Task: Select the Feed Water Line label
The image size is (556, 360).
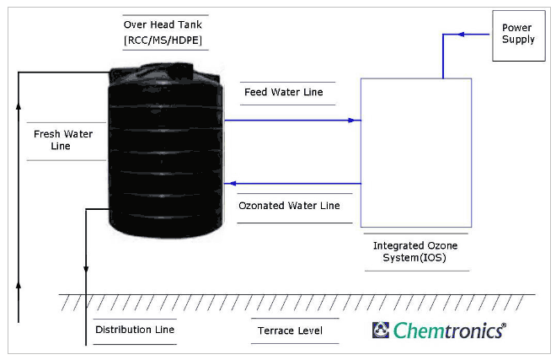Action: click(284, 92)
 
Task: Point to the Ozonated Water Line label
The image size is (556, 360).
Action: click(289, 206)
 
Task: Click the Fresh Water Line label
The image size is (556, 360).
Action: click(63, 140)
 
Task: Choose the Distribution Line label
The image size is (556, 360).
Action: click(135, 330)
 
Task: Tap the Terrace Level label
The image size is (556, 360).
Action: click(290, 330)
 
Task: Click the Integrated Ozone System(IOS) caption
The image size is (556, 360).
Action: click(414, 251)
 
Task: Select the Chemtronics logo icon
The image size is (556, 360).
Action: click(381, 330)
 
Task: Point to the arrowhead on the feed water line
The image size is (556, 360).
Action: click(351, 121)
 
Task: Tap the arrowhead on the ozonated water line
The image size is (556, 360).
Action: click(233, 184)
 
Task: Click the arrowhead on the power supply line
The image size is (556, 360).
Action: click(461, 35)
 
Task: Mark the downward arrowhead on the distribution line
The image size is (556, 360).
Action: click(86, 270)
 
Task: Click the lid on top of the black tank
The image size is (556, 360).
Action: click(181, 71)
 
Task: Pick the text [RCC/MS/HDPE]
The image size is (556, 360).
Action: click(163, 40)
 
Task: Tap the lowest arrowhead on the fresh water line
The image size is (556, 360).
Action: click(19, 285)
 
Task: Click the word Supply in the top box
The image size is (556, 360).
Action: click(518, 40)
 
